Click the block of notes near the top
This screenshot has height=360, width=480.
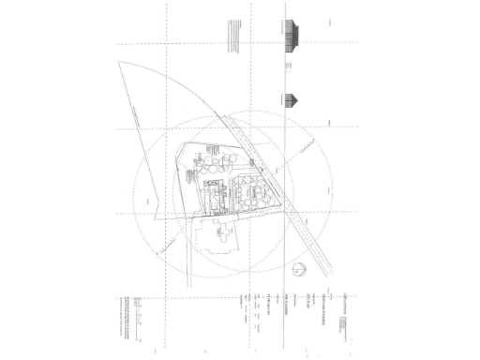click(x=228, y=38)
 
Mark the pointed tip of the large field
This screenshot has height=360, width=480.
click(x=121, y=63)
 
